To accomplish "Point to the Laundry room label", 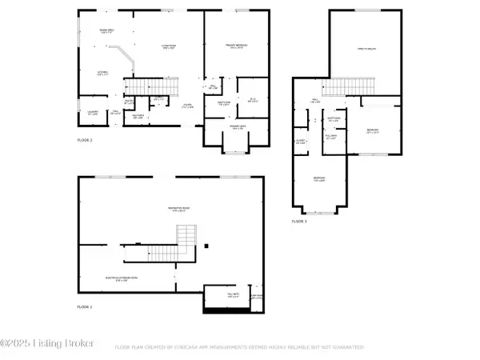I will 94,112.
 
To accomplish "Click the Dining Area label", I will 106,31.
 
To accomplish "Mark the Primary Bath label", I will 238,128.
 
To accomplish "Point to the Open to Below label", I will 367,50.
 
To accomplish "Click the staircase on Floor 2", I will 162,84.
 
